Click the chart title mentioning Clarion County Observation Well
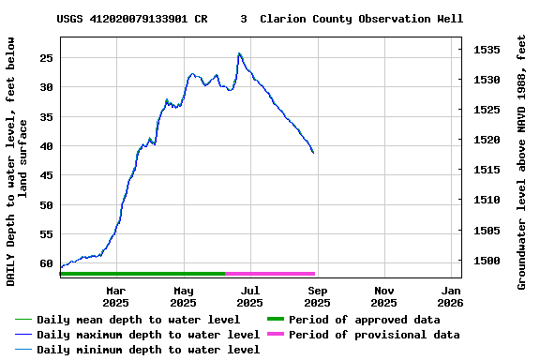click(x=260, y=19)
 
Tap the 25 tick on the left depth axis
click(x=44, y=57)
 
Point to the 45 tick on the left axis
click(x=44, y=175)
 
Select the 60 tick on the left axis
click(x=44, y=263)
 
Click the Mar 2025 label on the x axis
click(x=115, y=296)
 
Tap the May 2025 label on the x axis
click(x=183, y=296)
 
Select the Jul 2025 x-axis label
click(x=249, y=296)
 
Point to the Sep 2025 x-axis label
click(x=317, y=296)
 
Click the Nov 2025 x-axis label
click(x=383, y=296)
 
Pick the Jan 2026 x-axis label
click(x=451, y=296)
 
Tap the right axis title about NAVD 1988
click(x=522, y=161)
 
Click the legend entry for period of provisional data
click(x=374, y=335)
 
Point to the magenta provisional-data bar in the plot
click(x=270, y=274)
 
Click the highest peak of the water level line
click(x=239, y=53)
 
